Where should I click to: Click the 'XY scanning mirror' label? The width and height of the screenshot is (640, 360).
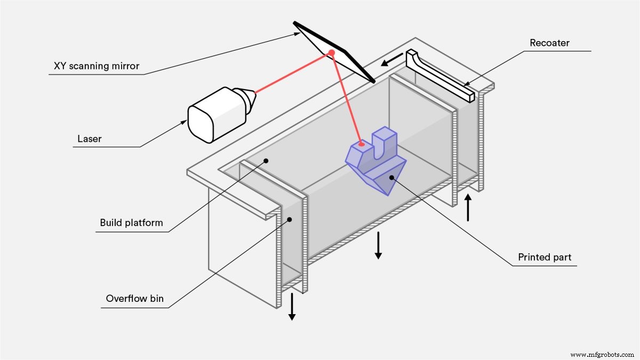coord(96,66)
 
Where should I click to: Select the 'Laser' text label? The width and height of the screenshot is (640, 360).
coord(89,139)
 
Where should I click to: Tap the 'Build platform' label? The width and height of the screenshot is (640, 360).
coord(131,222)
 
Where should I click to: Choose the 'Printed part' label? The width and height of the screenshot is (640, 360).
coord(545,257)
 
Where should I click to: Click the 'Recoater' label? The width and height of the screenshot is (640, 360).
coord(549,43)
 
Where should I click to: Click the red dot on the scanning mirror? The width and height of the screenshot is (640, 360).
coord(331,52)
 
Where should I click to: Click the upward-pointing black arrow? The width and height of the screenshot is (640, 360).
coord(468,208)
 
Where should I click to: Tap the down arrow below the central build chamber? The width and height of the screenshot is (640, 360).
coord(378,245)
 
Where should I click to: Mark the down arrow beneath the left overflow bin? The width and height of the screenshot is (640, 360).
coord(292,307)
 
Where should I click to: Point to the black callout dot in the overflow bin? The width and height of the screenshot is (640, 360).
coord(290,219)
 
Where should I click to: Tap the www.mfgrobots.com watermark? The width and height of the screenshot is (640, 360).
coord(602,354)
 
